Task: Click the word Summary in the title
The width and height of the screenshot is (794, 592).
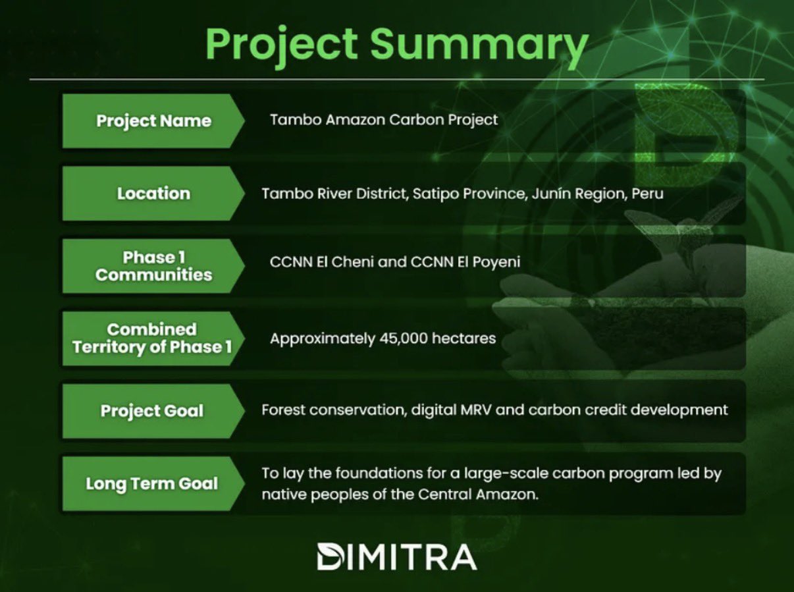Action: click(x=479, y=46)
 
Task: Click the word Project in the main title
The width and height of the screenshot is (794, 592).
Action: click(x=282, y=46)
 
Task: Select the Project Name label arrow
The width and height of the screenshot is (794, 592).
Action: click(x=153, y=121)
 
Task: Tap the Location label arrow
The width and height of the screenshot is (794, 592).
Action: click(x=153, y=194)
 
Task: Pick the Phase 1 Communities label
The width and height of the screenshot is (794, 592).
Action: click(x=153, y=266)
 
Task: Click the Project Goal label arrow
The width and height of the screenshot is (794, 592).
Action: click(x=153, y=411)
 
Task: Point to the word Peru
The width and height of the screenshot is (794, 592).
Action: click(x=647, y=194)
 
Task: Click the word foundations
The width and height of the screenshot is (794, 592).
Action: click(x=379, y=473)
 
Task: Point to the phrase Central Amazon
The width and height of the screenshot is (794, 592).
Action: click(x=478, y=495)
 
